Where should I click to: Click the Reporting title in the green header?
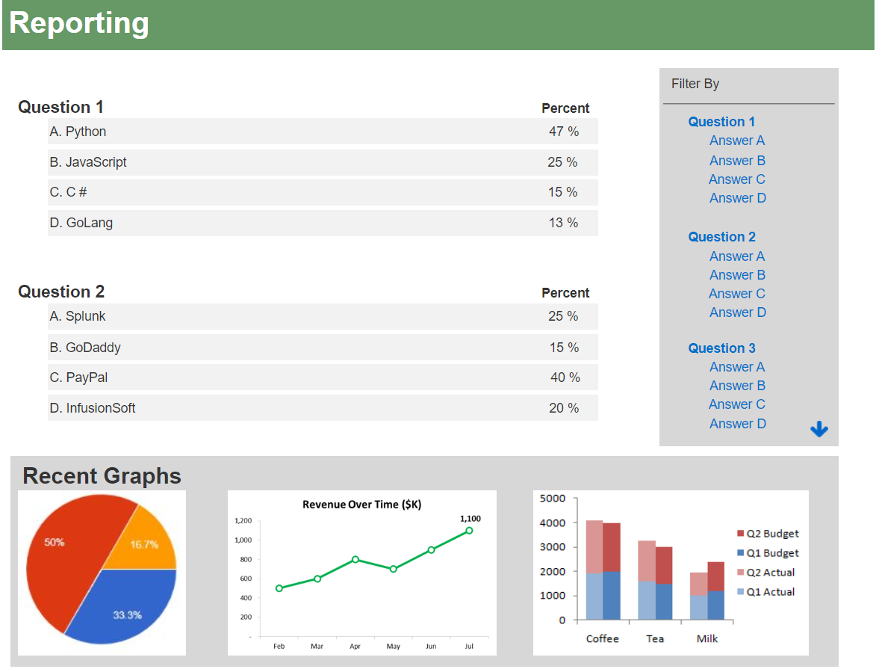79,23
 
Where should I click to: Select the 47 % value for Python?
564,132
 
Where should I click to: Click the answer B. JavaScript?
88,162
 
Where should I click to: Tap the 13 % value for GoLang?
563,223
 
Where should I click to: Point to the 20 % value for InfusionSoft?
564,408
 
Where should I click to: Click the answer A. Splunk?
78,316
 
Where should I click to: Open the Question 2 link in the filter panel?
721,237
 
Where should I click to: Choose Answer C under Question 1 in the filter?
737,179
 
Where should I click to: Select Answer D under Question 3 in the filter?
737,424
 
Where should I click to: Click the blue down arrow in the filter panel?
819,429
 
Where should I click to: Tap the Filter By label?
695,84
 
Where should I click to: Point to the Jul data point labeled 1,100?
469,531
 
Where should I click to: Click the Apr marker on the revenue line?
355,559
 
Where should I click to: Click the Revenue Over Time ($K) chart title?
361,505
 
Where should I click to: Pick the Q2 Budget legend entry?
767,534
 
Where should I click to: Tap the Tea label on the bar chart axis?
655,639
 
